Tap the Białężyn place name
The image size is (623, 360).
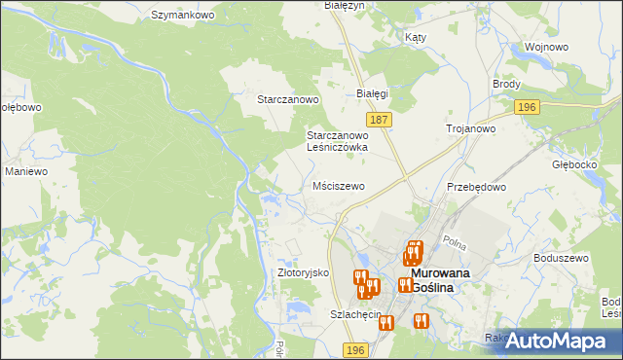pyautogui.click(x=343, y=6)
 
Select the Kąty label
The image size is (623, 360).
pyautogui.click(x=415, y=36)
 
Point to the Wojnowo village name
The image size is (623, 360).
pyautogui.click(x=546, y=47)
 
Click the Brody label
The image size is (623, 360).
pyautogui.click(x=506, y=85)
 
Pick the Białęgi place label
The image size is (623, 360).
pyautogui.click(x=372, y=93)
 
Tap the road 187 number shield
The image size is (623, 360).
pyautogui.click(x=381, y=119)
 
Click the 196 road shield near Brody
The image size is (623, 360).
pyautogui.click(x=527, y=107)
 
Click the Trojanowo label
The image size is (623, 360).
pyautogui.click(x=471, y=128)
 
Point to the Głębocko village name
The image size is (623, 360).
pyautogui.click(x=573, y=164)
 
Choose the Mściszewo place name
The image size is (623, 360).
pyautogui.click(x=339, y=185)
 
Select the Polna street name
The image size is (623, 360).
pyautogui.click(x=454, y=239)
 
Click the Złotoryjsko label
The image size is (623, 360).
pyautogui.click(x=304, y=273)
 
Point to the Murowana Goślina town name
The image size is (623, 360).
pyautogui.click(x=433, y=280)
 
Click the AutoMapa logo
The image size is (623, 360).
pyautogui.click(x=557, y=342)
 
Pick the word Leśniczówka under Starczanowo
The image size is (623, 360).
pyautogui.click(x=337, y=147)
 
